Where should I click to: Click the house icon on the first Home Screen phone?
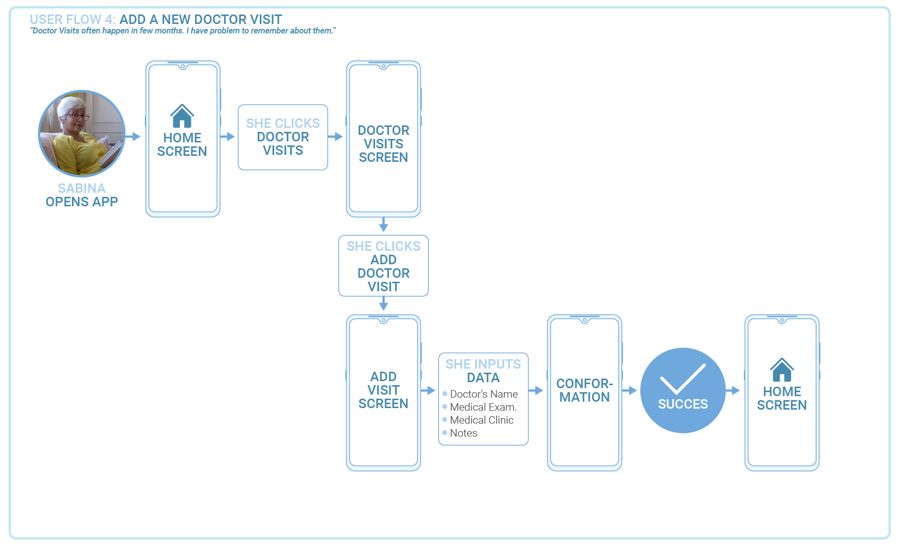point(182,116)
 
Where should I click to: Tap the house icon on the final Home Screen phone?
point(782,370)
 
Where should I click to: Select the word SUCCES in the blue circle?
point(683,404)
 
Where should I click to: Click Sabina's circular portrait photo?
point(82,133)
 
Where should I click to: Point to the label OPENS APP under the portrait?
point(82,202)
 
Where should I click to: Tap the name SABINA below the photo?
point(82,188)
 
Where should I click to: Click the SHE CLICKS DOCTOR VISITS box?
point(283,137)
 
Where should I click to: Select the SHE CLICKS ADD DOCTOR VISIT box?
point(383,266)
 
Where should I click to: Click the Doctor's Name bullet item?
point(483,394)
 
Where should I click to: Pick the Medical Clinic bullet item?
point(481,420)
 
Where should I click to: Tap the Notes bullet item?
point(463,433)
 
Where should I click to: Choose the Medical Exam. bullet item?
point(483,407)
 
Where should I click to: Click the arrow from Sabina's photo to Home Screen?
point(133,136)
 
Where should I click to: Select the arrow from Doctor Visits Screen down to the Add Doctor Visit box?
point(383,225)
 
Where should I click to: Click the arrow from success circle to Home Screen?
point(733,390)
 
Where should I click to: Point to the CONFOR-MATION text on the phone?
point(584,390)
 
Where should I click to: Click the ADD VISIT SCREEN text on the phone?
point(383,390)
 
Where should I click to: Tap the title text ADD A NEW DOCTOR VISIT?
point(200,19)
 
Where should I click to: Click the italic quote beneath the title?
point(183,31)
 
